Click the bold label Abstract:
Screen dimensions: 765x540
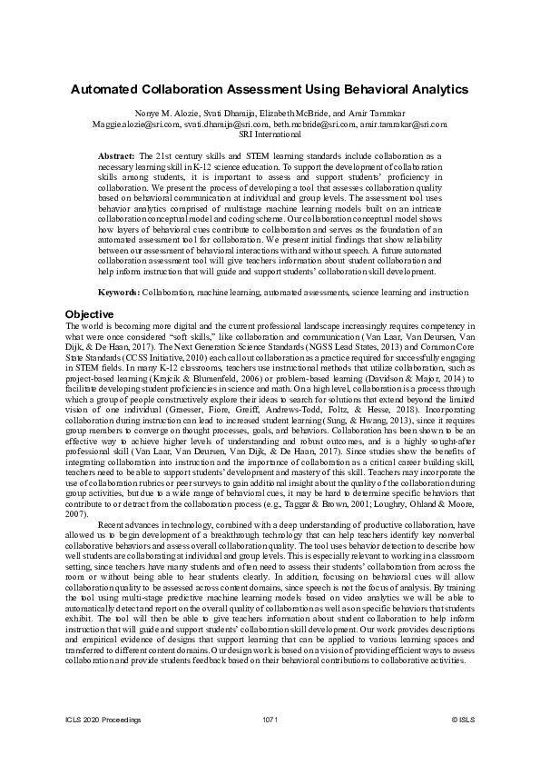[116, 157]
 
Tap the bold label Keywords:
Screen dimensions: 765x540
[119, 293]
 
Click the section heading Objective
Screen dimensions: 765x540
[89, 314]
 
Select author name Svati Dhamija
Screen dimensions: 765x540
[214, 114]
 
